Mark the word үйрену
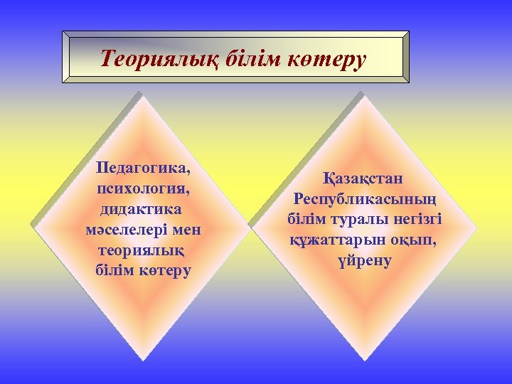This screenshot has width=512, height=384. coord(363,260)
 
